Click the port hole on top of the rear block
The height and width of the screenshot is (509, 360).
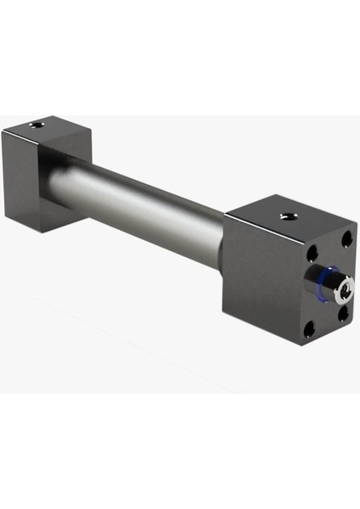(36, 125)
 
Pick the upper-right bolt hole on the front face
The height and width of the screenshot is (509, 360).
(346, 239)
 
